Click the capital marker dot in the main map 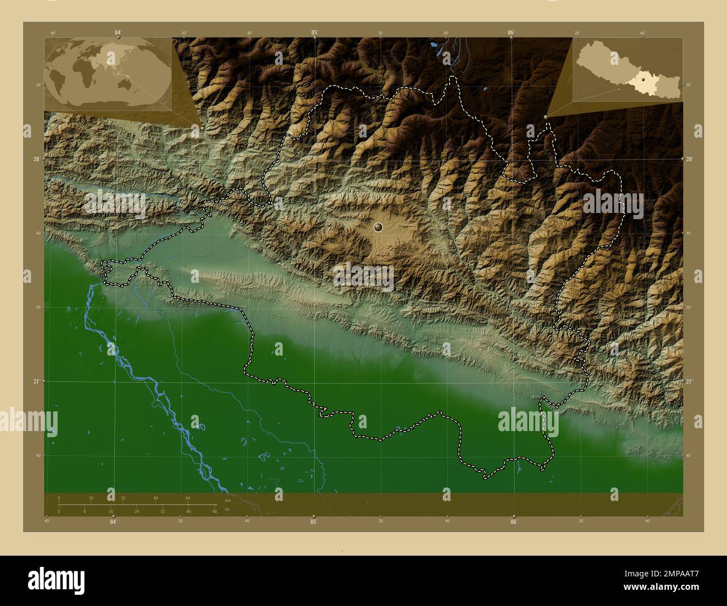point(379,227)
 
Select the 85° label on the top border point(314,32)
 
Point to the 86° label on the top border point(511,32)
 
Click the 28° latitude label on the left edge point(36,159)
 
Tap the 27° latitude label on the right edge point(690,381)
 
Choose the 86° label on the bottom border point(513,522)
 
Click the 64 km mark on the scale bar point(188,498)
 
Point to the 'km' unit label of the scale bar point(227,500)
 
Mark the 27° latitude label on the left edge point(36,381)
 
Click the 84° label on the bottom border point(113,522)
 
